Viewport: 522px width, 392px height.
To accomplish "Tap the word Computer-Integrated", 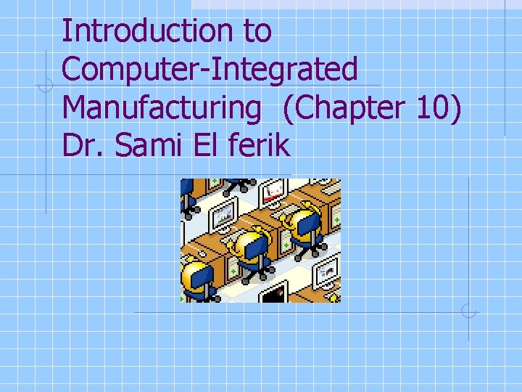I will pyautogui.click(x=210, y=70).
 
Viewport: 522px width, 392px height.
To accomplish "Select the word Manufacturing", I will pyautogui.click(x=161, y=108).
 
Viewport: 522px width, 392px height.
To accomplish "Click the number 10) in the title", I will pyautogui.click(x=439, y=108).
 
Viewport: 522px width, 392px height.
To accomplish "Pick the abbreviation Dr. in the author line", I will pyautogui.click(x=80, y=146).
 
